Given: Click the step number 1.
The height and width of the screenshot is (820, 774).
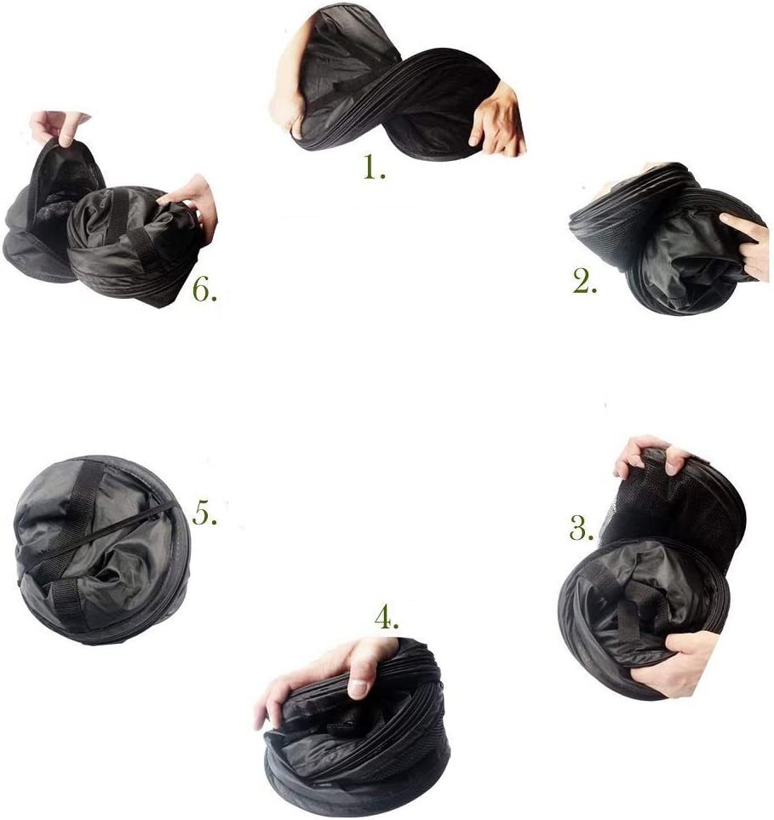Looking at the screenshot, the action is (x=375, y=168).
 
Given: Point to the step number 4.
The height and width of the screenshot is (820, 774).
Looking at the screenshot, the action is (x=387, y=619).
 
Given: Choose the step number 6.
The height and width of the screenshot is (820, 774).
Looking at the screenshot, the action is (x=204, y=290).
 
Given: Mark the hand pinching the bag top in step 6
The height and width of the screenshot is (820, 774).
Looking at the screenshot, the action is (x=59, y=127).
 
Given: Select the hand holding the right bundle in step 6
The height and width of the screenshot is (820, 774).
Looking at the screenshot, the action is (x=196, y=201).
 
